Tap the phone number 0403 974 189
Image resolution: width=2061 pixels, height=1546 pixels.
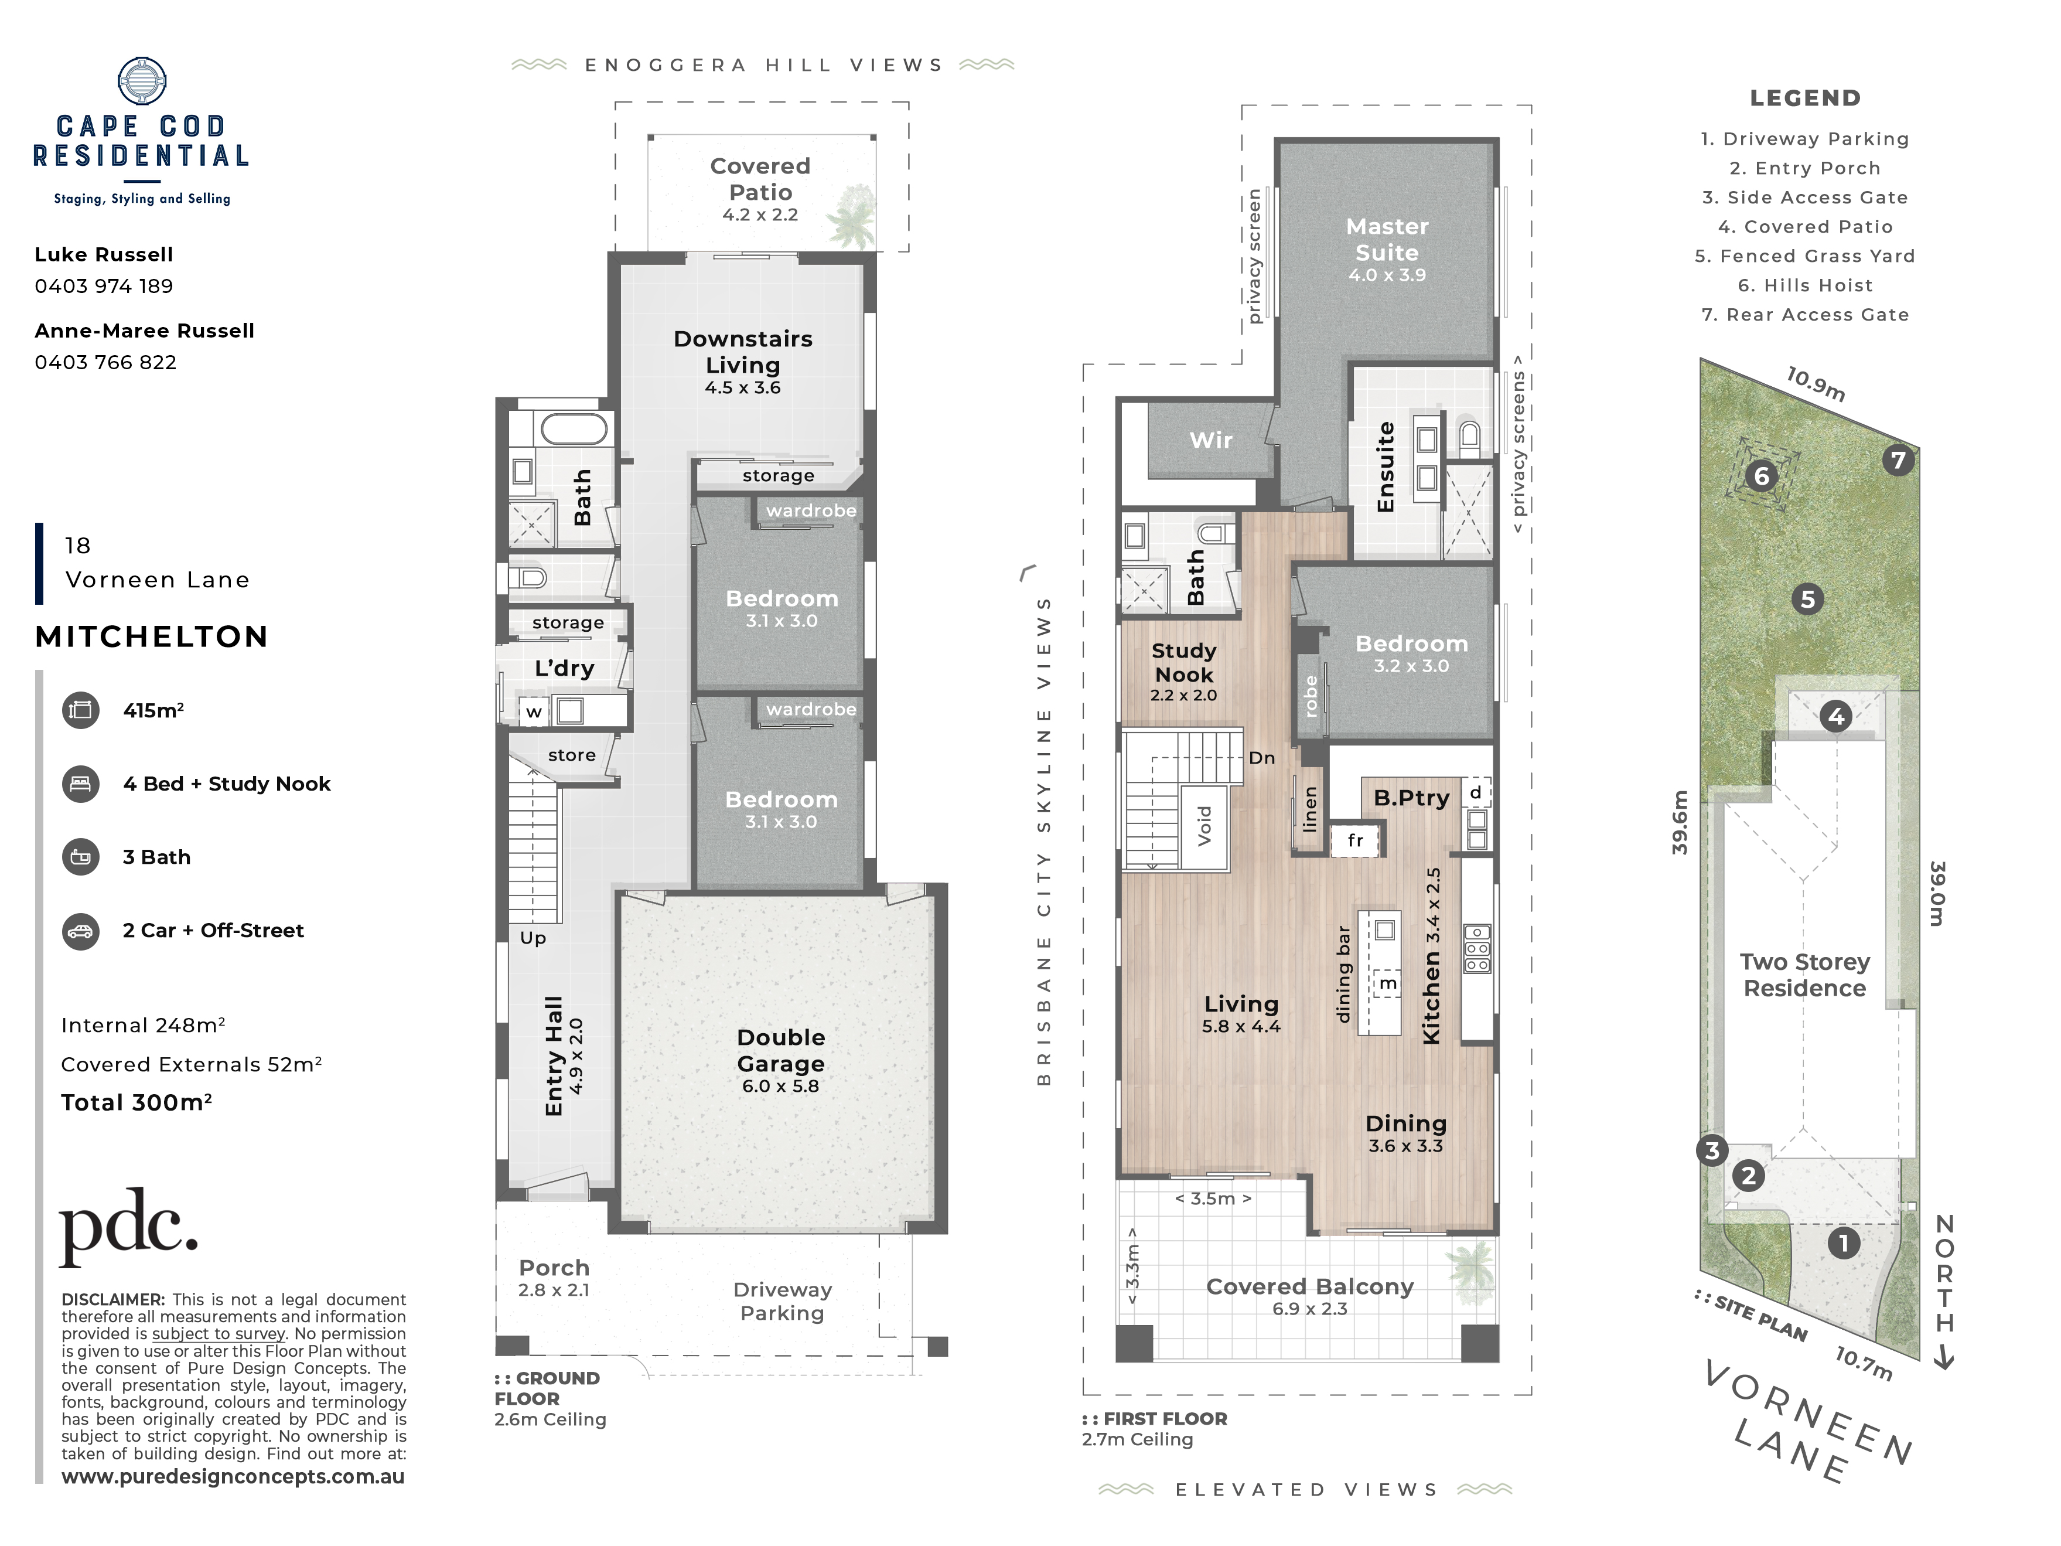click(x=104, y=286)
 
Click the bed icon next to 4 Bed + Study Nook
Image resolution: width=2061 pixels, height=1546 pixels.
click(x=81, y=784)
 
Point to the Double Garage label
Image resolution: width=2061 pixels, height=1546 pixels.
click(x=781, y=1050)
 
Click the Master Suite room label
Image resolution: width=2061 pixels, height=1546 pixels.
click(x=1387, y=240)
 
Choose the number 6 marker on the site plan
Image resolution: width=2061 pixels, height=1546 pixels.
click(x=1761, y=476)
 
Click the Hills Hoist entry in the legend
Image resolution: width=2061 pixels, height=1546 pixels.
click(x=1806, y=285)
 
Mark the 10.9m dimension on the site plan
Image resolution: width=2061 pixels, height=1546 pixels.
click(x=1815, y=384)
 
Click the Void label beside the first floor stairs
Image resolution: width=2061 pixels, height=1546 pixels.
click(x=1204, y=826)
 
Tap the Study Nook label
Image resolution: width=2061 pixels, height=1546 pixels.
click(x=1184, y=663)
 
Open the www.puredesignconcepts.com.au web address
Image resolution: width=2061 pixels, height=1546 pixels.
click(x=233, y=1477)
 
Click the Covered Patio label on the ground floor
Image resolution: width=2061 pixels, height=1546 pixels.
click(x=760, y=179)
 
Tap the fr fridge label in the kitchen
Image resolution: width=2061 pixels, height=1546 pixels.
click(x=1356, y=840)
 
